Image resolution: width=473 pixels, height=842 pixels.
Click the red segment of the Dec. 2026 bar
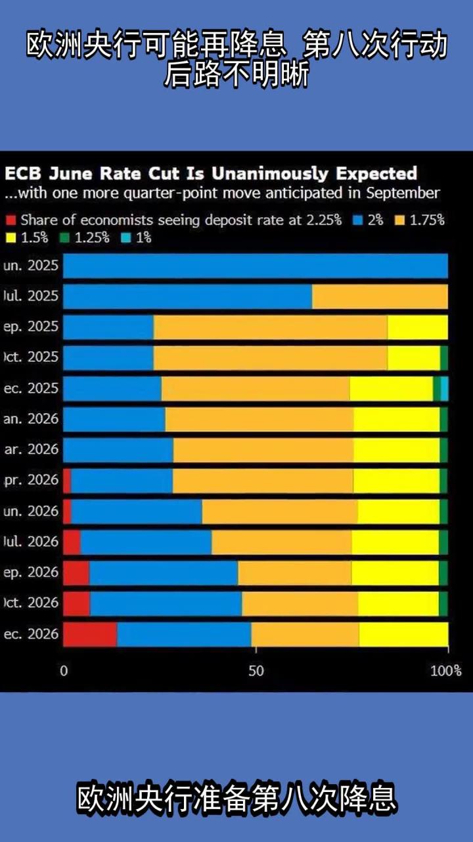point(90,634)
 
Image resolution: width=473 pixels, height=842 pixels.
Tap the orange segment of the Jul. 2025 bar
point(380,297)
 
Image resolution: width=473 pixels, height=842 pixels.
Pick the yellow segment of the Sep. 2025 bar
point(417,327)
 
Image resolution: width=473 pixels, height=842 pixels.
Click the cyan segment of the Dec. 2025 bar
point(445,389)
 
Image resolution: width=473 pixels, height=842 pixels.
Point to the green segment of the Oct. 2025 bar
point(444,358)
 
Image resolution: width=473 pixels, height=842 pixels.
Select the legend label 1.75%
point(427,220)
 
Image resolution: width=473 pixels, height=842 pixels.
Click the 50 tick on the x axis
point(256,671)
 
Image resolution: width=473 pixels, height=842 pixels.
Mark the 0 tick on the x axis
point(64,671)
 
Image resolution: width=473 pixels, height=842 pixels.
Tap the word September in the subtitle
point(402,193)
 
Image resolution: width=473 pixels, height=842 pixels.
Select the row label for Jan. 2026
point(31,419)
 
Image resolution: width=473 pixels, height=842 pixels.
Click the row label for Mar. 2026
point(31,450)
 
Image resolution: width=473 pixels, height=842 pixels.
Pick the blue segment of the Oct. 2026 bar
point(166,603)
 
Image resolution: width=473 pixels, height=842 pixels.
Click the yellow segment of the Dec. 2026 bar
point(403,634)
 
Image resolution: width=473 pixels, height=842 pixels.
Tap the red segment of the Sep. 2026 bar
point(76,573)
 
